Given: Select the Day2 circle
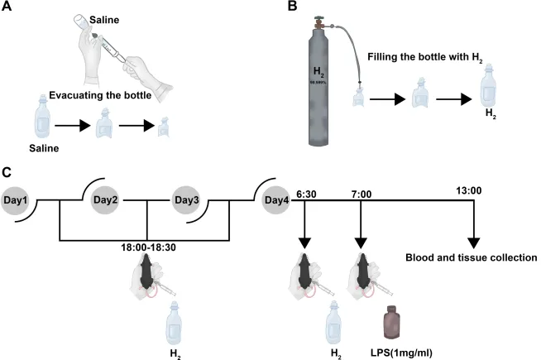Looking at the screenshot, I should pos(105,201).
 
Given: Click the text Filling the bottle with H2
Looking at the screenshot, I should pos(423,57).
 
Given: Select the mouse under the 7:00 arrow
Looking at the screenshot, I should pos(361,271).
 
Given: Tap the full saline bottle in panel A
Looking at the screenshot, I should pos(41,124).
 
